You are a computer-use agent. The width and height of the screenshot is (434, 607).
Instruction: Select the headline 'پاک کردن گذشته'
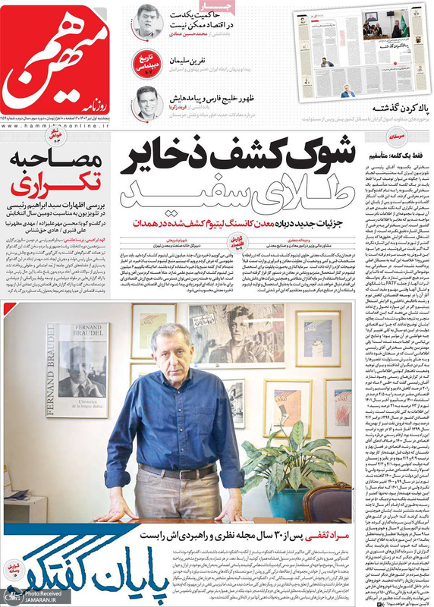[x=395, y=107]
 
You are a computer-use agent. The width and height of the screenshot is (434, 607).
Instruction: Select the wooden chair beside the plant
[x=325, y=501]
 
